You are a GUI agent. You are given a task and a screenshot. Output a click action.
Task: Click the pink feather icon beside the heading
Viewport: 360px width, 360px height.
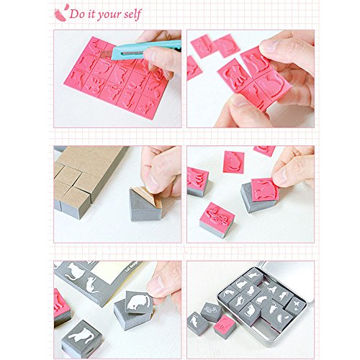point(60,13)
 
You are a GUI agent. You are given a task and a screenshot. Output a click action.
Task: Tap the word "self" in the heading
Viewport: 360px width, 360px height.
point(132,14)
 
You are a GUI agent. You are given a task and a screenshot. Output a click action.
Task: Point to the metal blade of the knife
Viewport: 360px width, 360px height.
point(105,55)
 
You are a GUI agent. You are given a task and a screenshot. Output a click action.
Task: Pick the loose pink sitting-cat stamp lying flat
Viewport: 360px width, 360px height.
point(233,162)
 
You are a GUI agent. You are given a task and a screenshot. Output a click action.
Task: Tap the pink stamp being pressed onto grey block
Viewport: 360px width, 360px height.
point(265,189)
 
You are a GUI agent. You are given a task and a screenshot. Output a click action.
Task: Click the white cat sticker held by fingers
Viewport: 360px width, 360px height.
point(139,302)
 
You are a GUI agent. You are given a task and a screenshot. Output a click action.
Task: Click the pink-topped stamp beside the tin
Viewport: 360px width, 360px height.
point(225,327)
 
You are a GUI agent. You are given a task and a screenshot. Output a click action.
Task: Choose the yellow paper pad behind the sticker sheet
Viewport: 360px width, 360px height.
point(113,274)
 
